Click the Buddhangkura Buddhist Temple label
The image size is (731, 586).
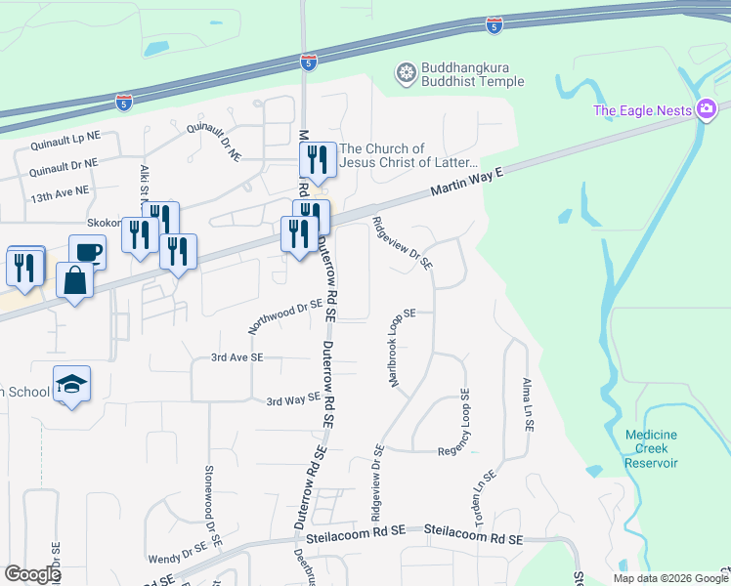click(x=472, y=75)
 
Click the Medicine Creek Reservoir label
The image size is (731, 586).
click(x=653, y=448)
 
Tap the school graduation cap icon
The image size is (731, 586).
click(x=72, y=385)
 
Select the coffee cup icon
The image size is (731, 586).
click(x=87, y=252)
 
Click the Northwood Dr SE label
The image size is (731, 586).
click(x=285, y=316)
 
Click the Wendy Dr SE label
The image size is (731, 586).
click(x=174, y=558)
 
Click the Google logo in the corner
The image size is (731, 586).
click(x=32, y=573)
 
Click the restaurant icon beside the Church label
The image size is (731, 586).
click(x=318, y=159)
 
